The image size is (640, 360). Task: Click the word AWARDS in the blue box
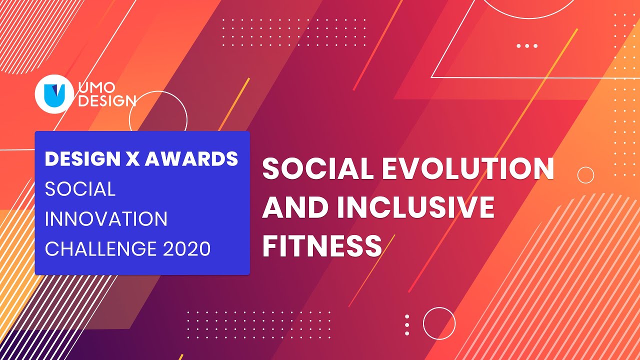tap(191, 159)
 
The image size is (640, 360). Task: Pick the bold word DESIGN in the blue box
tap(80, 159)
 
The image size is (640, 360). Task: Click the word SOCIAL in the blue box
tap(80, 189)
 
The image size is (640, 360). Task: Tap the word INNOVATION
tap(106, 219)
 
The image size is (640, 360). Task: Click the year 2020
tap(186, 248)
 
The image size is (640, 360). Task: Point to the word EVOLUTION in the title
tap(468, 169)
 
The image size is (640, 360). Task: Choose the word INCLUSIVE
tap(415, 207)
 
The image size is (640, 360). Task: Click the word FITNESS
tap(322, 246)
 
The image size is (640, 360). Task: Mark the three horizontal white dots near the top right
tap(527, 46)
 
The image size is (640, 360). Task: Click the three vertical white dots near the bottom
tap(407, 325)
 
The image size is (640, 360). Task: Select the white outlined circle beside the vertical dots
tap(439, 323)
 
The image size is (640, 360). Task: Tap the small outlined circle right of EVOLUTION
tap(585, 175)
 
